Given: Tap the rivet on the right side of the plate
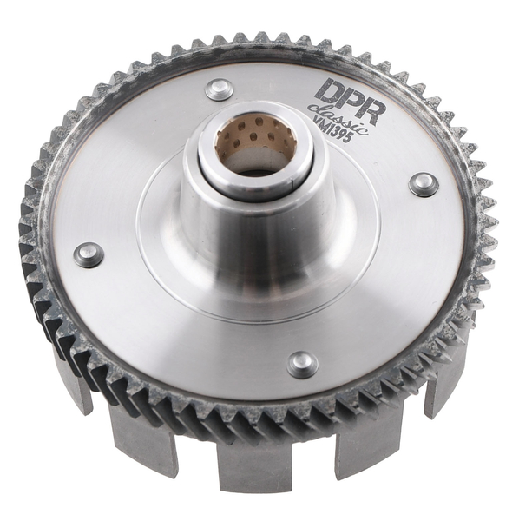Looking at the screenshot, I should (423, 184).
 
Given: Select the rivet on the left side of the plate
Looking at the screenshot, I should (89, 254).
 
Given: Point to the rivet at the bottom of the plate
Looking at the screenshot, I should (302, 364).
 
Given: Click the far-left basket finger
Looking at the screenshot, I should (75, 382).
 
